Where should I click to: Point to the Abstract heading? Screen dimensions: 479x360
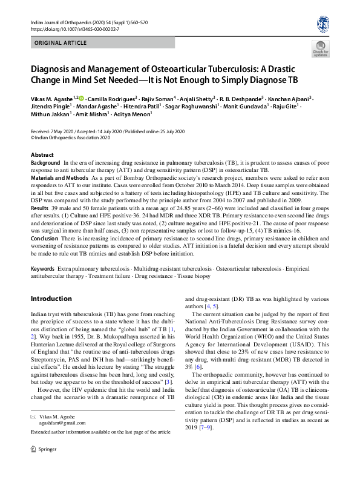(x=42, y=156)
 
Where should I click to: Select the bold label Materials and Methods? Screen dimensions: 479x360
(x=59, y=177)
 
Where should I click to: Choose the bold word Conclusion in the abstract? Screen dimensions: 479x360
(x=45, y=238)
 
